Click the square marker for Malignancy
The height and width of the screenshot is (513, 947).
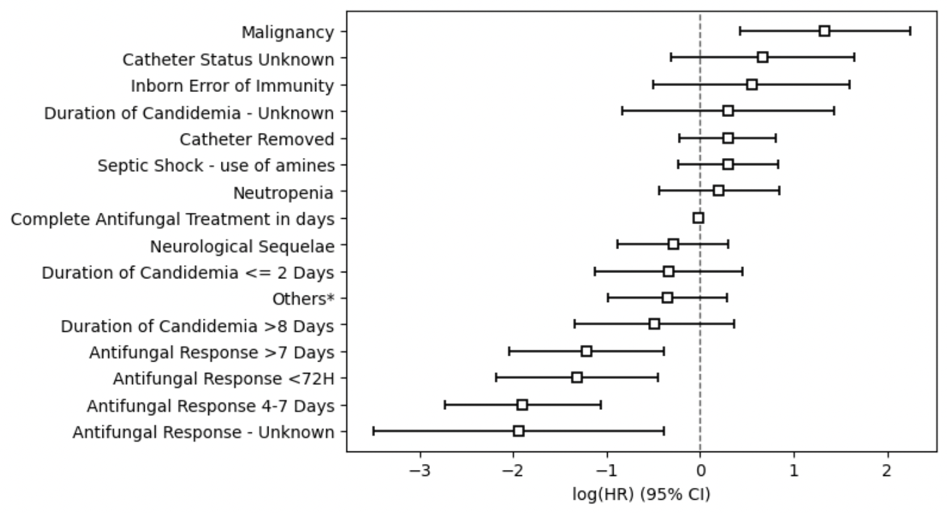coord(824,31)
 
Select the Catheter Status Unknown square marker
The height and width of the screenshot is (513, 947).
coord(762,58)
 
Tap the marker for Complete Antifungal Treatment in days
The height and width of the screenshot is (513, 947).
coord(698,218)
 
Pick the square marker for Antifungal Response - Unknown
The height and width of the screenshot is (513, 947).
coord(518,431)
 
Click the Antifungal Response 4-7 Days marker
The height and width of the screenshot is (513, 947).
coord(522,405)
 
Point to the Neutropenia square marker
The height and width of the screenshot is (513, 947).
coord(718,191)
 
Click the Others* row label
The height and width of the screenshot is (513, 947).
coord(303,299)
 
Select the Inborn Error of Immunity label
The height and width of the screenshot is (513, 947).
coord(232,86)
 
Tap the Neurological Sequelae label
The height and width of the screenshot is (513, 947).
coord(242,247)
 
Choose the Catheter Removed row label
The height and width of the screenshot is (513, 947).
coord(257,139)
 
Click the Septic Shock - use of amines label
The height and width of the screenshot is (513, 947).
coord(216,166)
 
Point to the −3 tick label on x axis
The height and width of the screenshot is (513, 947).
coord(421,470)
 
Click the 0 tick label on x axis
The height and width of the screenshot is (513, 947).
coord(700,470)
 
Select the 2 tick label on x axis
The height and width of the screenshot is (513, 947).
coord(887,470)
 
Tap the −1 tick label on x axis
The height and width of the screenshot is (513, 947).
coord(607,470)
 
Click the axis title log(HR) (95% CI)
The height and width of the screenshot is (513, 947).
coord(641,494)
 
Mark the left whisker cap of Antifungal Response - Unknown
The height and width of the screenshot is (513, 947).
coord(373,431)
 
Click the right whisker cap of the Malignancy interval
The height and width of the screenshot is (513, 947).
coord(910,31)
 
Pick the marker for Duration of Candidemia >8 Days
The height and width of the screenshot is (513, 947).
coord(654,324)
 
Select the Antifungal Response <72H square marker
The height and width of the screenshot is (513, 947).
coord(577,377)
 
